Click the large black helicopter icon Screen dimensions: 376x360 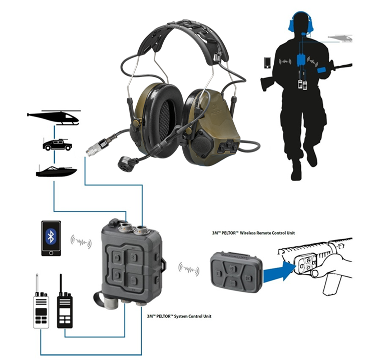[54, 117]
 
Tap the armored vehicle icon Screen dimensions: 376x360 [57, 144]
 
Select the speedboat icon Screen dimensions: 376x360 [57, 171]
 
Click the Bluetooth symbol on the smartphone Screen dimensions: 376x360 [51, 236]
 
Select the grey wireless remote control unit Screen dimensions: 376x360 [236, 272]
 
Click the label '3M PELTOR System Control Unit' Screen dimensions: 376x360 [179, 316]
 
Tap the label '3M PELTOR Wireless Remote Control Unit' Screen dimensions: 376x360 [253, 233]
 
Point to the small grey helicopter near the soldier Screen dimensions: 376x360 [340, 38]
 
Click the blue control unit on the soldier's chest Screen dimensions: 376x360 [301, 60]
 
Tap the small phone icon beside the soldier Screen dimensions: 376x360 [267, 63]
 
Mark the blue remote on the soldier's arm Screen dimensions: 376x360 [322, 70]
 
